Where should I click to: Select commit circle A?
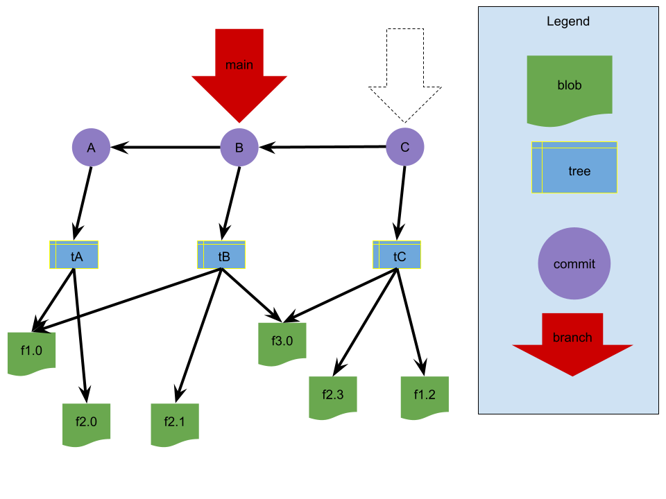(91, 147)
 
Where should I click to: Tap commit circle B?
(239, 147)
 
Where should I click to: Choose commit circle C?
(405, 147)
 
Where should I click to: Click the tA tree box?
(74, 255)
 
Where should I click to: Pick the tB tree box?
(221, 255)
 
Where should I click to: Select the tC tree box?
(397, 255)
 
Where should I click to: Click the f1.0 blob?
(31, 353)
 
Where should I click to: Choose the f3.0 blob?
(282, 343)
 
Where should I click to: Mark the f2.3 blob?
(333, 397)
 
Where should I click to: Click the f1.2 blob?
(425, 397)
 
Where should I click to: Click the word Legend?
(568, 21)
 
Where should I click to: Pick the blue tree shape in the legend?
(574, 168)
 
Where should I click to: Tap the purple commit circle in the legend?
(574, 263)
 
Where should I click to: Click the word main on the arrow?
(239, 65)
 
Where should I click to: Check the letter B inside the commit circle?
(239, 148)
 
